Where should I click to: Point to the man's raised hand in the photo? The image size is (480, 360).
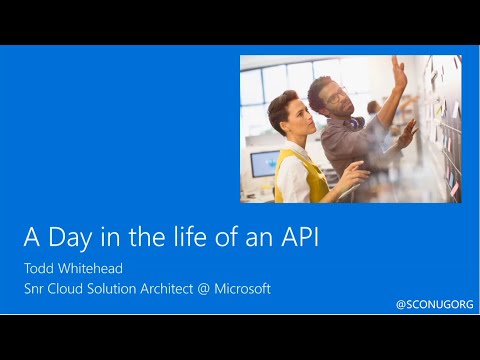point(399,73)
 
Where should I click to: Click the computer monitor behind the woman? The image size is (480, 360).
point(263,162)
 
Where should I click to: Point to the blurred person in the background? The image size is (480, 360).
point(373,108)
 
